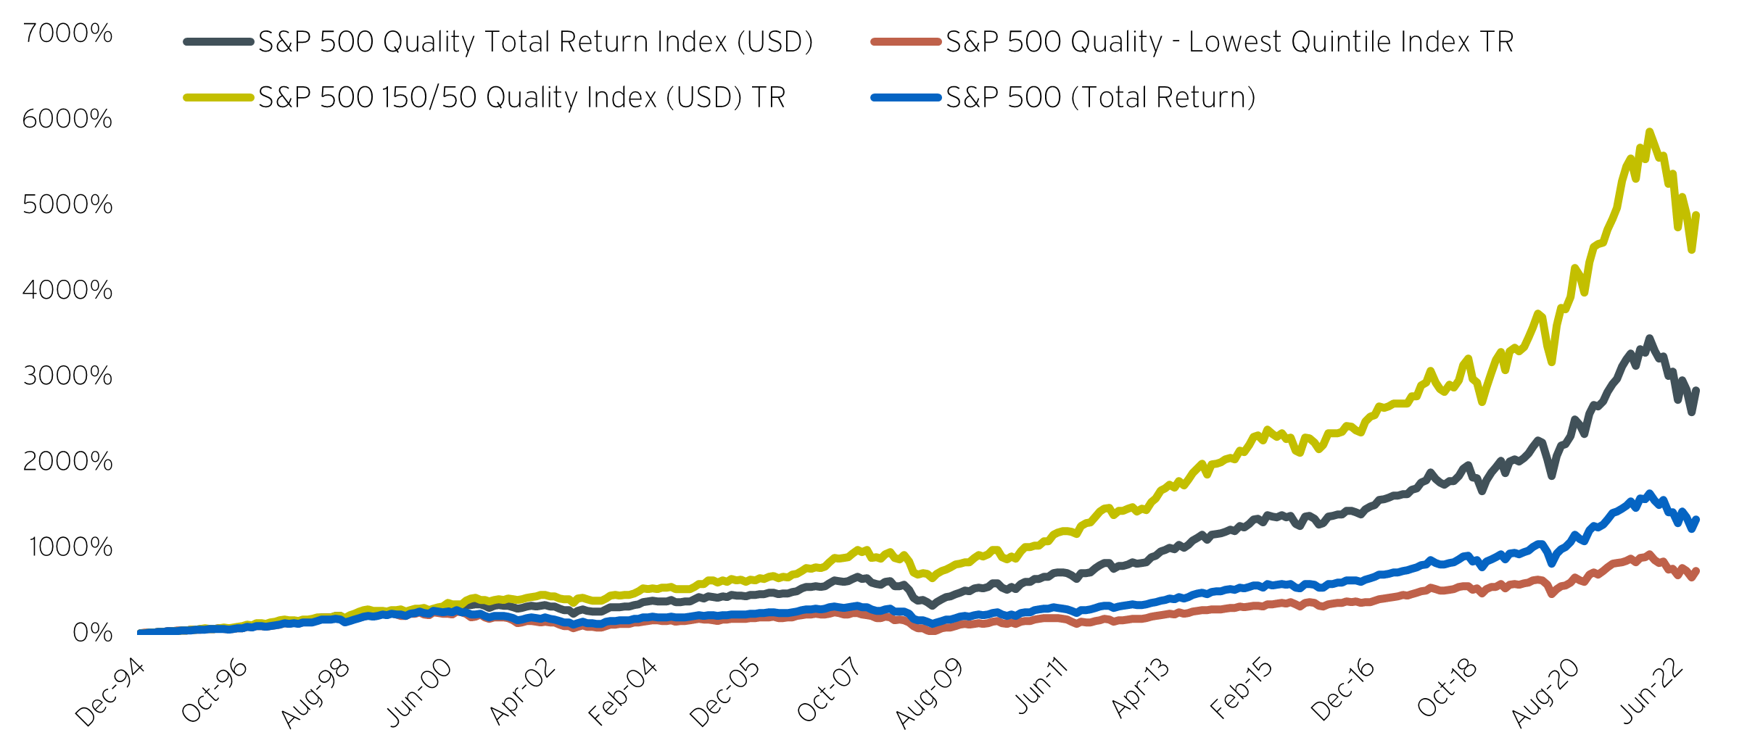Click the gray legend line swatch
[218, 42]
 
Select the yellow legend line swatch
[218, 97]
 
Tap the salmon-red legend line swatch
[906, 42]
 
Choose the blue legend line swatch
[906, 97]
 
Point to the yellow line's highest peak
[1650, 132]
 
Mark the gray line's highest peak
[1650, 339]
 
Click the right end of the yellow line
[1697, 215]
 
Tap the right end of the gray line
[1697, 390]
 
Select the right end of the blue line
[1697, 519]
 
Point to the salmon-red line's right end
[1697, 571]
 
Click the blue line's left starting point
[139, 632]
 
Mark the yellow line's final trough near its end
[1692, 250]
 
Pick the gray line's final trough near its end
[1692, 412]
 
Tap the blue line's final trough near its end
[1692, 529]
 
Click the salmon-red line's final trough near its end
[1692, 578]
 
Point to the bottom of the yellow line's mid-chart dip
[933, 578]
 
